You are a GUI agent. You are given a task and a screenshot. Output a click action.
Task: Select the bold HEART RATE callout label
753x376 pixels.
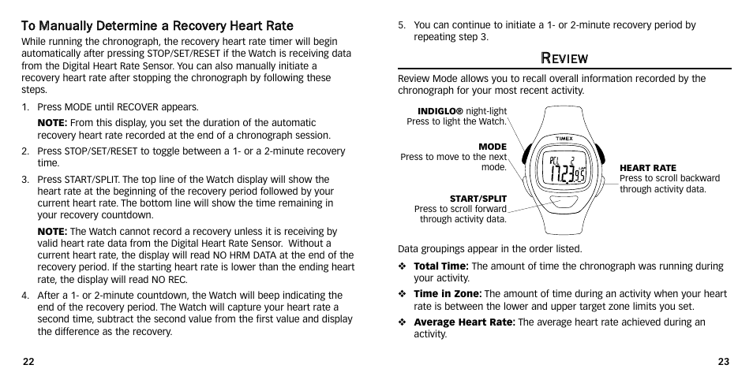[x=647, y=168]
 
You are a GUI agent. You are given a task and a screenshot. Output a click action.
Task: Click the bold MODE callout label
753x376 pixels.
[x=493, y=147]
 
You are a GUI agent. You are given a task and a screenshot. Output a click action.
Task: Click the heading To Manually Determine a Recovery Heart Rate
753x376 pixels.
[x=157, y=26]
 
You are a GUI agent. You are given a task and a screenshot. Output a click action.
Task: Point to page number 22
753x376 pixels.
[x=28, y=361]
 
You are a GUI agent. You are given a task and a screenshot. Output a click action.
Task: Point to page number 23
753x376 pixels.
[x=723, y=361]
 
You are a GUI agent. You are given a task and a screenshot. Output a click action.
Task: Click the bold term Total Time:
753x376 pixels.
[x=441, y=266]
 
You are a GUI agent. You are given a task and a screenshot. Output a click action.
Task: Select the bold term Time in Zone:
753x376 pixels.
[x=447, y=294]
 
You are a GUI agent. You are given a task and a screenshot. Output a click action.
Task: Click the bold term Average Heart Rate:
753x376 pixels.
[x=464, y=322]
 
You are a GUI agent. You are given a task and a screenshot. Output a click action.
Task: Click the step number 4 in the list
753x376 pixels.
[x=24, y=296]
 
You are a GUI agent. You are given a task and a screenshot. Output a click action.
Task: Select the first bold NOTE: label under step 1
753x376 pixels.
[x=53, y=123]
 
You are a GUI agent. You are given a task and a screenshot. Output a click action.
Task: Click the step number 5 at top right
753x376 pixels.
[x=402, y=25]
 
